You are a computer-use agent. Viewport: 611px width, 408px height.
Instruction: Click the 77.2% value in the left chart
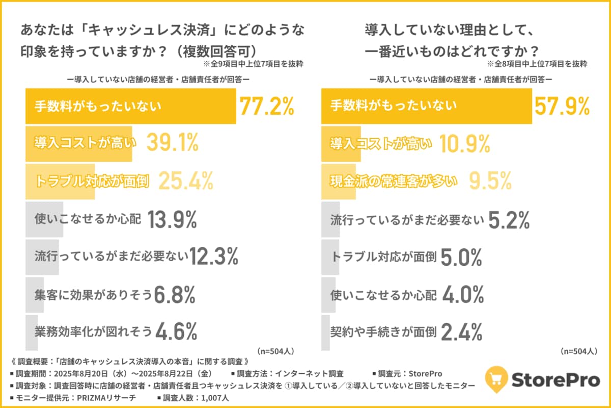coord(266,106)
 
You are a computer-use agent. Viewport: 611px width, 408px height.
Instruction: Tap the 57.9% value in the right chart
coord(562,106)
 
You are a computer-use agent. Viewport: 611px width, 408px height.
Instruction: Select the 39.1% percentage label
coord(172,144)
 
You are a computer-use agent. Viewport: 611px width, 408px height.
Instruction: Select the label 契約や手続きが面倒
coord(383,332)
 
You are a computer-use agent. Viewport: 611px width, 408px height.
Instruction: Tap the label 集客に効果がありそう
coord(94,294)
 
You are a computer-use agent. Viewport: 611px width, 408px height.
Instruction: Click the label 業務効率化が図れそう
coord(94,332)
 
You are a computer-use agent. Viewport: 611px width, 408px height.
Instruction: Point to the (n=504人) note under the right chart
coord(578,351)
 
